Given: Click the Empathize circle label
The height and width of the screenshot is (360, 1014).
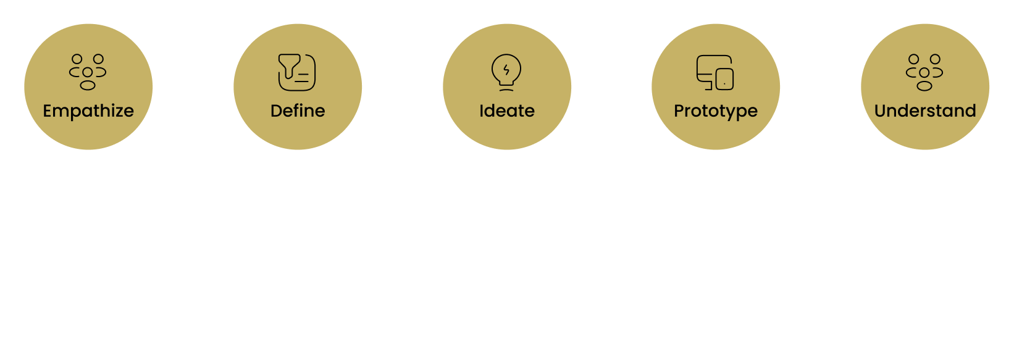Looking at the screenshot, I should pos(88,111).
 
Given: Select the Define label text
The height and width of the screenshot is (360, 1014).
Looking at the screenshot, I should pos(298,111).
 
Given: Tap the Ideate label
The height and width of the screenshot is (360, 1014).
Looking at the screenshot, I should pos(507,111).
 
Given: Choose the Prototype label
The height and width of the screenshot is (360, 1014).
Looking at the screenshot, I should pos(716,111).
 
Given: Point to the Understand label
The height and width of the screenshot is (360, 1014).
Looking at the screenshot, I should pos(925,111).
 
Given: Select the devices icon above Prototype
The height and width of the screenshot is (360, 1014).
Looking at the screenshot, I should pos(715,72).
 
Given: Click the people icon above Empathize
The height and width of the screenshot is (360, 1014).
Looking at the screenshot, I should pos(88,72).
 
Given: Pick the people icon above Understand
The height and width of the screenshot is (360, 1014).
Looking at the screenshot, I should pos(924,72).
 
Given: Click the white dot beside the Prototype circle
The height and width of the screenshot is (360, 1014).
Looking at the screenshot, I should pos(793,87).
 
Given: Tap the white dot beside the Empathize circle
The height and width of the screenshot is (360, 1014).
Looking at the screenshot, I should pos(165,87).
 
